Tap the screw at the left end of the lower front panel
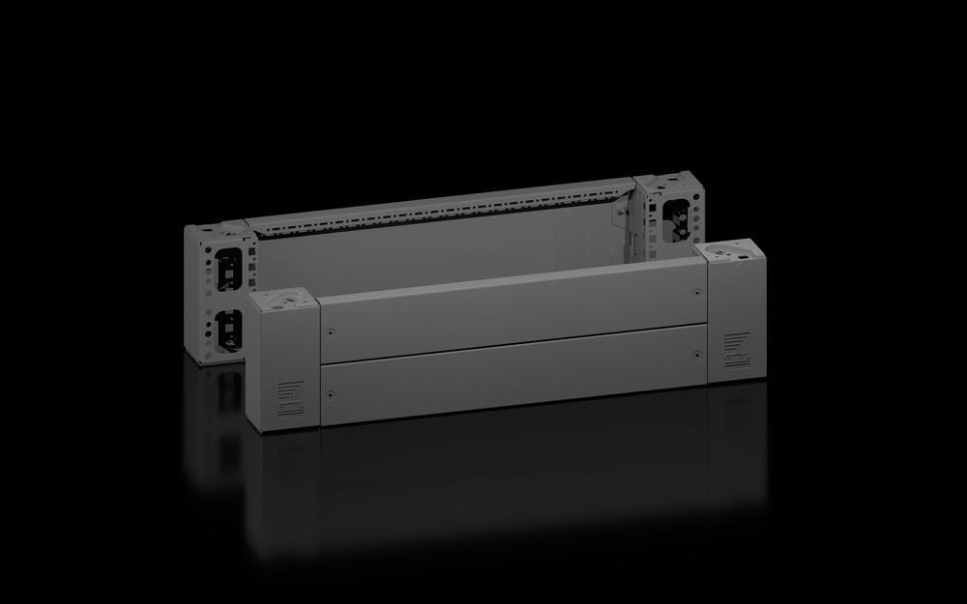pyautogui.click(x=331, y=394)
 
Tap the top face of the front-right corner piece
pyautogui.click(x=732, y=250)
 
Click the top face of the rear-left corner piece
pyautogui.click(x=218, y=230)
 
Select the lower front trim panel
pyautogui.click(x=513, y=383)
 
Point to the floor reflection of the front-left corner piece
pyautogui.click(x=282, y=483)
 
